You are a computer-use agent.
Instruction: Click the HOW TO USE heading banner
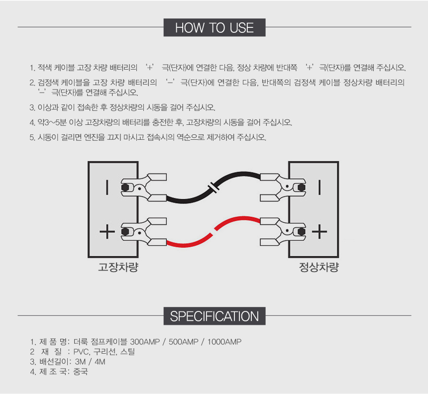[x=214, y=27]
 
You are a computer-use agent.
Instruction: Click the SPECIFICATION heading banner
[x=214, y=316]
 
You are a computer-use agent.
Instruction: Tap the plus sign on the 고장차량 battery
[x=107, y=232]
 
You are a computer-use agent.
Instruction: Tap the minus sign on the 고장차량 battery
[x=107, y=188]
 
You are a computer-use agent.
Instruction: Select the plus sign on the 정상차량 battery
[x=320, y=232]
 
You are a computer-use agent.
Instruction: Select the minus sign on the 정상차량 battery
[x=320, y=188]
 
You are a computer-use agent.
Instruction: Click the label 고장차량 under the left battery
[x=118, y=267]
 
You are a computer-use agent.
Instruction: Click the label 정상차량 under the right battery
[x=319, y=267]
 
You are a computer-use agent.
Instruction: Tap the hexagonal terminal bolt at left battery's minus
[x=125, y=188]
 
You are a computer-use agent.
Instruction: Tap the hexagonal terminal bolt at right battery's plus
[x=302, y=232]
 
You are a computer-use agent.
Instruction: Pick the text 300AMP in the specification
[x=145, y=342]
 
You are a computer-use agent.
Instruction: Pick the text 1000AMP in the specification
[x=224, y=342]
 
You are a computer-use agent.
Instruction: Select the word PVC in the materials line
[x=82, y=352]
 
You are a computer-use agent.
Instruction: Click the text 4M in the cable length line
[x=100, y=362]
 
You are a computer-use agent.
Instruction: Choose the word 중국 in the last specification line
[x=81, y=372]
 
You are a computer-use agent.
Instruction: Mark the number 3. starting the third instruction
[x=32, y=107]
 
